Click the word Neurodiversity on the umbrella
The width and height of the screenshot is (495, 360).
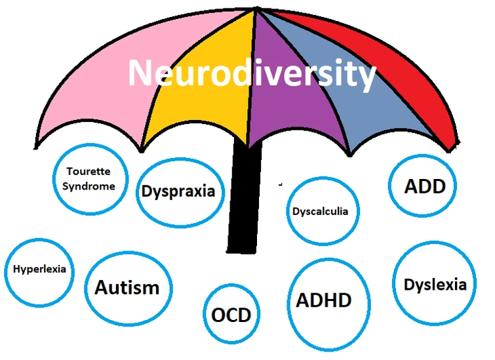click(x=252, y=73)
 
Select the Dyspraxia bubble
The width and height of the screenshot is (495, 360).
click(x=178, y=191)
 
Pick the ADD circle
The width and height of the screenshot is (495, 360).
click(x=425, y=186)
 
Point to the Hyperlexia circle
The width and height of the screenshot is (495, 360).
click(x=39, y=270)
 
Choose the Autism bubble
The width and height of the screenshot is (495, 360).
click(x=127, y=287)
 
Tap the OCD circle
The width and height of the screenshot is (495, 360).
click(x=231, y=315)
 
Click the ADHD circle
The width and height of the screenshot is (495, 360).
click(x=323, y=300)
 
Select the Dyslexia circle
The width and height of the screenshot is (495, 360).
click(x=435, y=285)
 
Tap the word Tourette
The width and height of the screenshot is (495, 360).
click(x=88, y=172)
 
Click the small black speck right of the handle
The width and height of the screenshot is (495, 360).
click(x=280, y=184)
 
